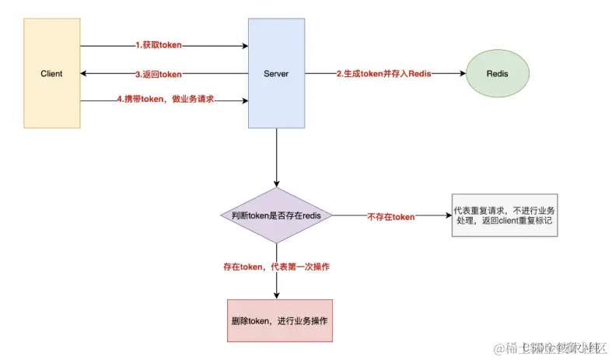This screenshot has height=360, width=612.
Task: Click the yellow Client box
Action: [51, 101]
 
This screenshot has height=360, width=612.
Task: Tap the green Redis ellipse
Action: [497, 73]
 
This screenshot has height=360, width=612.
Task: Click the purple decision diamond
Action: [277, 215]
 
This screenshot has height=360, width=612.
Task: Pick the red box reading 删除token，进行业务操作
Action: [279, 320]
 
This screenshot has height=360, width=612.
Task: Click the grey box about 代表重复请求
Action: [505, 215]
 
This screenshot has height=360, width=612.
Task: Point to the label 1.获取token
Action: [159, 46]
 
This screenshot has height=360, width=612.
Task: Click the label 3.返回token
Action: [159, 74]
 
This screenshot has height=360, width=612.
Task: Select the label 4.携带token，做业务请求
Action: [165, 100]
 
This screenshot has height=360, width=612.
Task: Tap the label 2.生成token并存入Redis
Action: [384, 74]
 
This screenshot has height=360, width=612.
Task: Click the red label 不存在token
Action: [390, 216]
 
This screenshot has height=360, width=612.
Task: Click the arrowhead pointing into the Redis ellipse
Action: [462, 74]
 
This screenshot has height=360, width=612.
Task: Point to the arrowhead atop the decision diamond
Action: [277, 183]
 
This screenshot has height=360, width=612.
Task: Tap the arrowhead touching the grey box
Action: [447, 215]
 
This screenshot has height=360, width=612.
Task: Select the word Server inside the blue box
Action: [276, 74]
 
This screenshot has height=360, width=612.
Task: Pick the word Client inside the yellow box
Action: [51, 74]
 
